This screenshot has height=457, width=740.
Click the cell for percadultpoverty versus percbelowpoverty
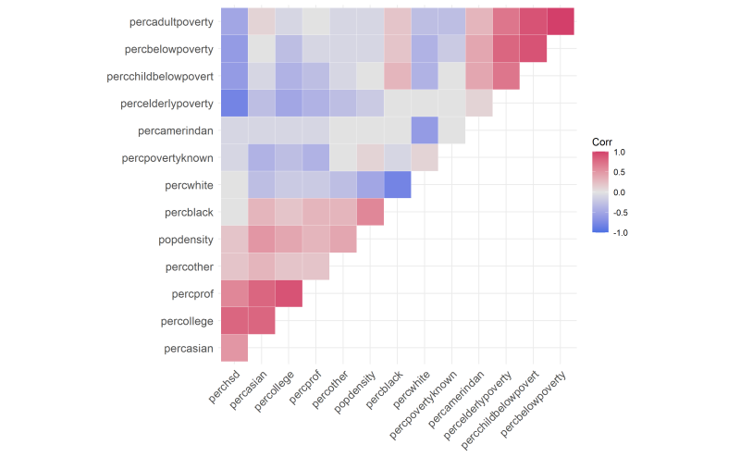point(561,20)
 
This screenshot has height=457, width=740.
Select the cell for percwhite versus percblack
point(397,185)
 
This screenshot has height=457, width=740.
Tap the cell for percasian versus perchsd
point(234,349)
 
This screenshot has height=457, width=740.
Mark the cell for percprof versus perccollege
point(289,294)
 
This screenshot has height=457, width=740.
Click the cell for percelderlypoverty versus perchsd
point(234,103)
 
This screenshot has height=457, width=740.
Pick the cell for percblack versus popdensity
point(370,212)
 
